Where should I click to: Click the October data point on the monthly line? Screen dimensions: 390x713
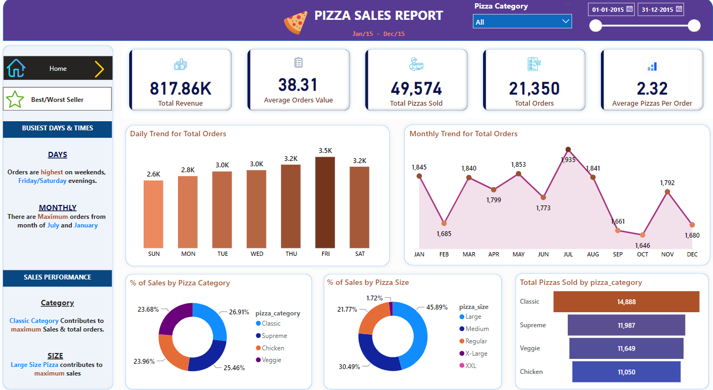pyautogui.click(x=642, y=235)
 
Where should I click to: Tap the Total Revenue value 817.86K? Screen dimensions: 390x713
pyautogui.click(x=180, y=89)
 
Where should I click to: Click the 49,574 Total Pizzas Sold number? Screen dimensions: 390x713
pyautogui.click(x=416, y=89)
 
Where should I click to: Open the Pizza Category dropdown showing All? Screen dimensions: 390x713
pyautogui.click(x=522, y=21)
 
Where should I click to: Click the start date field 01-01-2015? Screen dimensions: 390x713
pyautogui.click(x=607, y=10)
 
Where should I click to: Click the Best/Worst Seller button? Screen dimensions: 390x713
pyautogui.click(x=57, y=99)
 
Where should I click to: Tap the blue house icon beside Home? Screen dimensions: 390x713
pyautogui.click(x=16, y=68)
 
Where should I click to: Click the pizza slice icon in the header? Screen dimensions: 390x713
pyautogui.click(x=295, y=23)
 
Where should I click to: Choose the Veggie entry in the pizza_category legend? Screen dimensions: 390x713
pyautogui.click(x=271, y=360)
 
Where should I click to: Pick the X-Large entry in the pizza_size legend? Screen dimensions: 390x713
pyautogui.click(x=477, y=354)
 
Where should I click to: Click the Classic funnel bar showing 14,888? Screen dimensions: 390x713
pyautogui.click(x=626, y=301)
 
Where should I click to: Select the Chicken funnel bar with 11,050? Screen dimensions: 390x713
pyautogui.click(x=626, y=372)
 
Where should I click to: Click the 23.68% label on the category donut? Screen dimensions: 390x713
pyautogui.click(x=148, y=309)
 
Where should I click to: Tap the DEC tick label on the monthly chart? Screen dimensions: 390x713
pyautogui.click(x=692, y=254)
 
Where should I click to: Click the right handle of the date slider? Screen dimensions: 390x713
pyautogui.click(x=694, y=26)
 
